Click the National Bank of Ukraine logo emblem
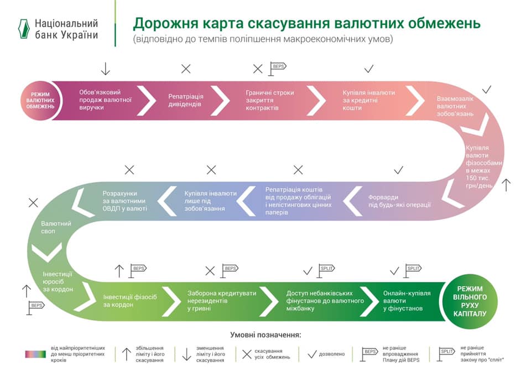point(22,29)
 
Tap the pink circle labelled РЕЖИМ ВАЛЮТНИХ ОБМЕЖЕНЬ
point(40,100)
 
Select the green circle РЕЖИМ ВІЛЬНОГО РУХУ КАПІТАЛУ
point(470,301)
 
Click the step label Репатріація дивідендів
point(186,100)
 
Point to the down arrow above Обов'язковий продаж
point(106,69)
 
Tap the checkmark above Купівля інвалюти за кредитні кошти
point(369,69)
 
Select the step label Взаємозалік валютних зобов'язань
point(455,106)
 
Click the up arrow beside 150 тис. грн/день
point(507,184)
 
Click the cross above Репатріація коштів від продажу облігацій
point(298,170)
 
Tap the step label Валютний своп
point(56,227)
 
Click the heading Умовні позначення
point(265,335)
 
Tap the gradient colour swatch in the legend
point(35,353)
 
